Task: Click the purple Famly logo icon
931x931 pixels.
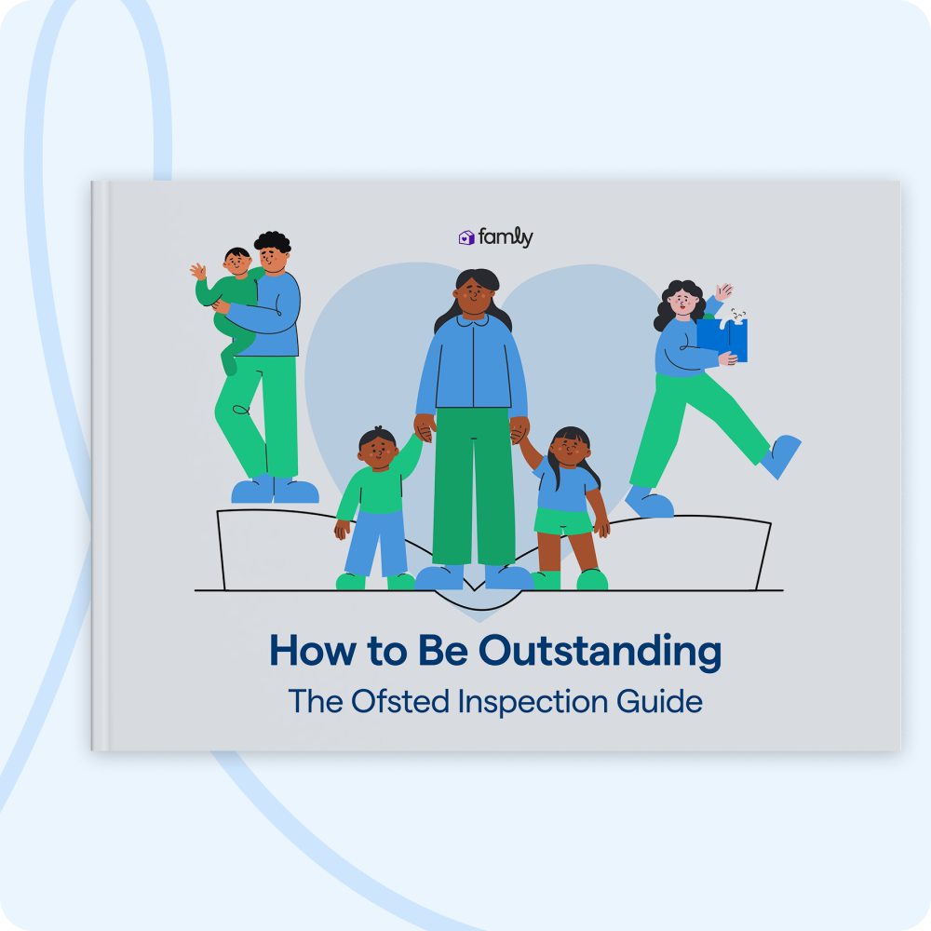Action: (466, 238)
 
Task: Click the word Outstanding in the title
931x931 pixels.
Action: (600, 652)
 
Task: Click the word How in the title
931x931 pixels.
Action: (306, 652)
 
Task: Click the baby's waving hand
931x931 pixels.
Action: (198, 271)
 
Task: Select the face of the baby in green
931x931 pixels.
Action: (236, 263)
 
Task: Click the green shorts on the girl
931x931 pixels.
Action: (562, 521)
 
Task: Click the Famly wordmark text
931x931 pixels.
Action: (506, 238)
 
